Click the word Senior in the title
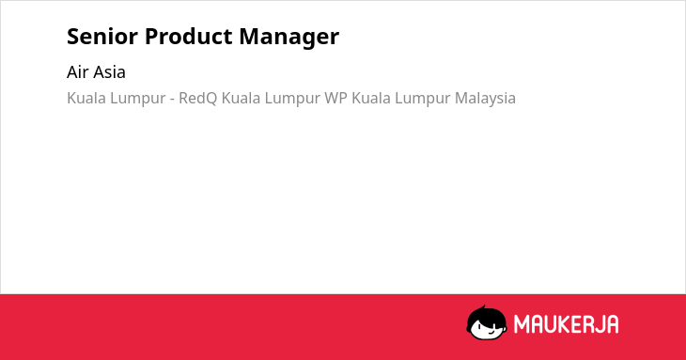coord(102,36)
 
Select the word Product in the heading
coord(188,36)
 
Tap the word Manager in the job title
coord(289,38)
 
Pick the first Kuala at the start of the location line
coord(86,98)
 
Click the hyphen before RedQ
coord(172,100)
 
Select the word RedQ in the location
coord(197,99)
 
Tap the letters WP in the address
coord(335,98)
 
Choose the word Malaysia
coord(485,99)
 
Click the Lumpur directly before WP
coord(292,99)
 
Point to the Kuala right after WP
coord(371,98)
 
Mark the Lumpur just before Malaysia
coord(423,99)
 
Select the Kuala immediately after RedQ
coord(241,98)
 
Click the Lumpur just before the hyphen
coord(137,99)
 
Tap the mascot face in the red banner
coord(487,322)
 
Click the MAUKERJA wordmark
coord(566,324)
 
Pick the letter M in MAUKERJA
coord(522,324)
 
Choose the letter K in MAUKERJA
coord(556,324)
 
